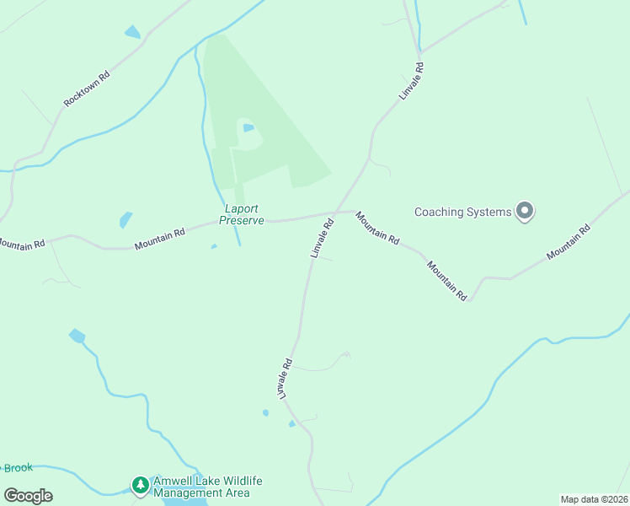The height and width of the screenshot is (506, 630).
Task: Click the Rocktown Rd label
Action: click(x=87, y=89)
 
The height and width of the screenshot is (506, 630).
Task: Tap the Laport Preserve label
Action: click(x=242, y=214)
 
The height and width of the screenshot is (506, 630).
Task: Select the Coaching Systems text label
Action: click(x=463, y=212)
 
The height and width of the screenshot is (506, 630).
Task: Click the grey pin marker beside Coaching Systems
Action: click(x=525, y=211)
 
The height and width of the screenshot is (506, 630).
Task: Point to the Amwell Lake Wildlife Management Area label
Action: click(x=208, y=487)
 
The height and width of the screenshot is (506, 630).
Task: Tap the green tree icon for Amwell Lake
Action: click(x=139, y=485)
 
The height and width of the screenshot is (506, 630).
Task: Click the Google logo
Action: click(x=28, y=496)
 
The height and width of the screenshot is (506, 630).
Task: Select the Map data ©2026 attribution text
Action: click(x=594, y=499)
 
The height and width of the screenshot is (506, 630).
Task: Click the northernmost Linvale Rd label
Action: click(x=409, y=83)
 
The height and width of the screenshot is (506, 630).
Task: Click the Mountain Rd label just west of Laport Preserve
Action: click(x=159, y=240)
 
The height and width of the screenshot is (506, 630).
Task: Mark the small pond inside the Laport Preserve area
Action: click(x=248, y=128)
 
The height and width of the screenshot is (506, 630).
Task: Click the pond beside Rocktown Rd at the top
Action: click(x=132, y=32)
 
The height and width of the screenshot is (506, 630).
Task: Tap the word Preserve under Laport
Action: click(x=242, y=220)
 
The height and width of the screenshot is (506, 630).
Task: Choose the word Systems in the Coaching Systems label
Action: click(x=489, y=212)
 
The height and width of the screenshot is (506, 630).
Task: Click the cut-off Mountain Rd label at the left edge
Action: click(x=21, y=245)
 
